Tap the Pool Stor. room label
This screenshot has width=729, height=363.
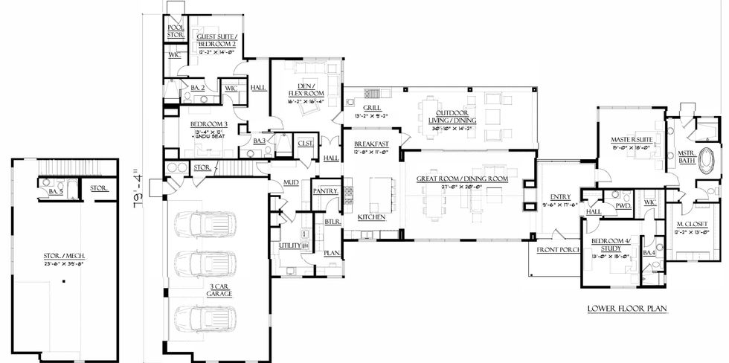(x=176, y=30)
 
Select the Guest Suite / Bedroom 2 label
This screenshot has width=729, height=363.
(x=216, y=40)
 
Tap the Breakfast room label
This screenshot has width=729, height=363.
(x=371, y=144)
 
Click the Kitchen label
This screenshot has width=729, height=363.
(x=370, y=217)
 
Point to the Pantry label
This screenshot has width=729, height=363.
(x=325, y=192)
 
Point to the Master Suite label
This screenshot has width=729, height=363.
(x=632, y=139)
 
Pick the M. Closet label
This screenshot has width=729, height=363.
(x=692, y=224)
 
